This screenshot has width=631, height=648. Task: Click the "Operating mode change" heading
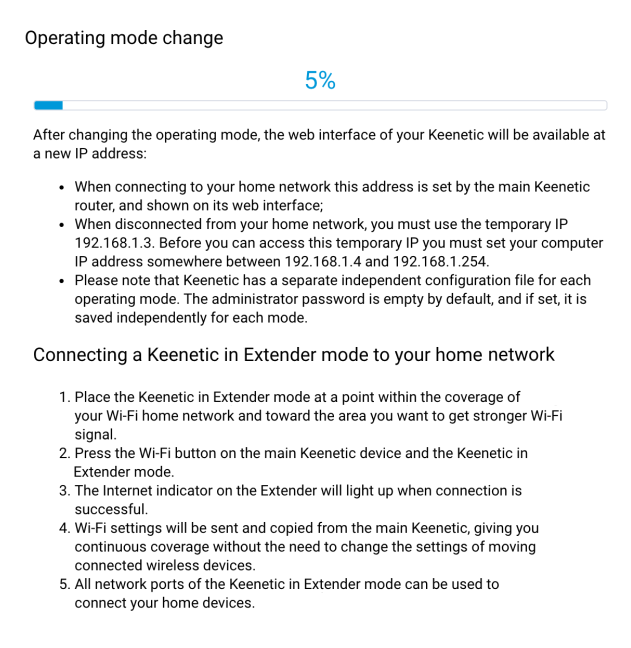[124, 38]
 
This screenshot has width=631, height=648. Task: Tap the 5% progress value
[320, 81]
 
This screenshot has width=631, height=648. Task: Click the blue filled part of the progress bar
[48, 105]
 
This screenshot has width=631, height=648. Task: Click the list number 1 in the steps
[63, 397]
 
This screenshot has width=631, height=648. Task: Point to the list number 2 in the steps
[63, 453]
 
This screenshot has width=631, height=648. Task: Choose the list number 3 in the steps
[63, 491]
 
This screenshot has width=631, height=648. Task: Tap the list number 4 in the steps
[63, 528]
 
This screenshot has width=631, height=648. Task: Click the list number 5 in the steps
[63, 584]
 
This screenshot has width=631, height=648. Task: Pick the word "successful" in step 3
[111, 509]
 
